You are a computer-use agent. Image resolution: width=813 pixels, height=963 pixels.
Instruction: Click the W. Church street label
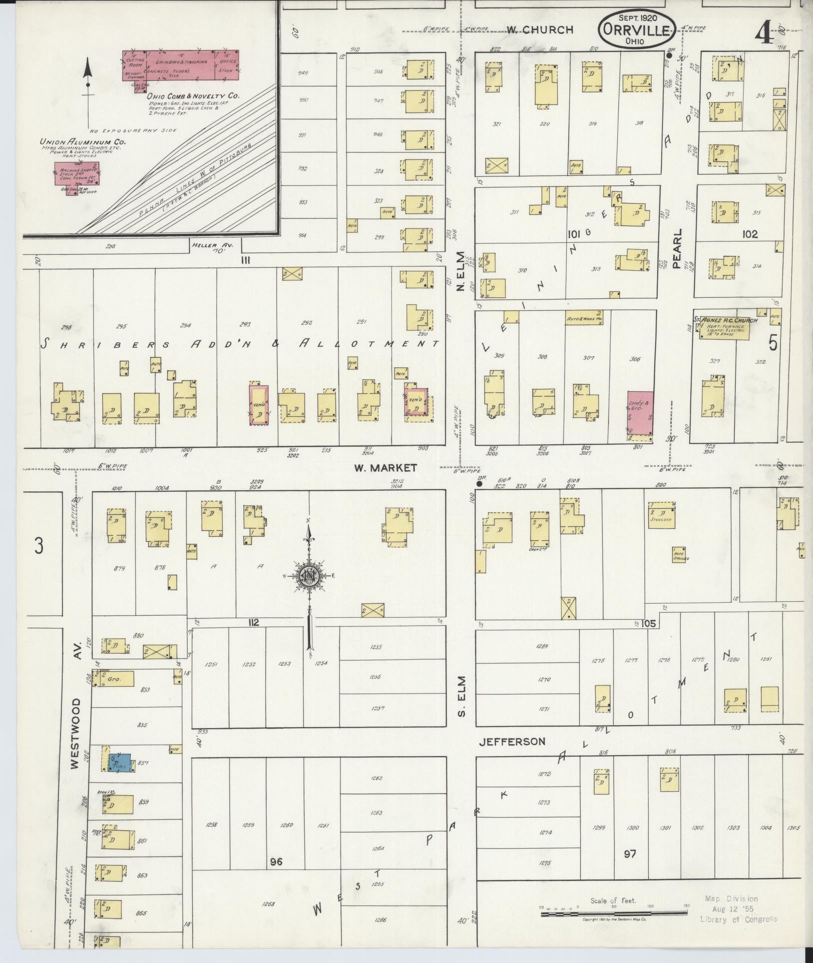point(539,30)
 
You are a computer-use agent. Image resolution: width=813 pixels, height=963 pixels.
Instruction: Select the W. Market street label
point(385,468)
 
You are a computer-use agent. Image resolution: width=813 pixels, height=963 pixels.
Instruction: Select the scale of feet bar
point(614,914)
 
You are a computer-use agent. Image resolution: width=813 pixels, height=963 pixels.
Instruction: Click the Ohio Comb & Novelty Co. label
point(193,95)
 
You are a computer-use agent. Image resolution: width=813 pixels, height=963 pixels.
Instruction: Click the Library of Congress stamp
point(738,909)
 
